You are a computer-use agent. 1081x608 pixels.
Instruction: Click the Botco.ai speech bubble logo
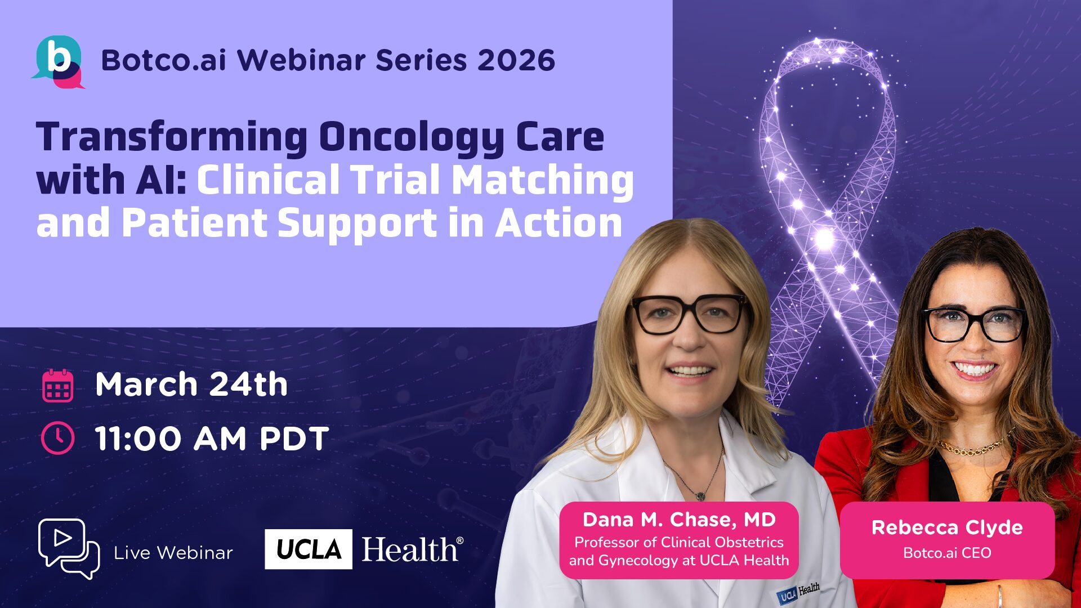58,62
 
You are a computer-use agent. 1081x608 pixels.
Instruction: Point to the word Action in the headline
559,223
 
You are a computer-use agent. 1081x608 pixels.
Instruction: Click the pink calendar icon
57,386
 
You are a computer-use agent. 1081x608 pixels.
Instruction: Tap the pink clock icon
57,438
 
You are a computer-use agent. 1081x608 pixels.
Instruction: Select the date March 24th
191,385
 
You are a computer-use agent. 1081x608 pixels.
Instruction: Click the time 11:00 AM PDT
212,439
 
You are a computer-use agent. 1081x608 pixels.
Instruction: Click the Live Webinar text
173,553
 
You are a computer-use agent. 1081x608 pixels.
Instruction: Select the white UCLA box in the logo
309,549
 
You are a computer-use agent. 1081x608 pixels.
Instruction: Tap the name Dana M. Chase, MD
679,520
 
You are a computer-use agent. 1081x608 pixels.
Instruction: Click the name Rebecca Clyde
947,527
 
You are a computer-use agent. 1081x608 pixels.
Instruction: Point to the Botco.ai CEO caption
947,553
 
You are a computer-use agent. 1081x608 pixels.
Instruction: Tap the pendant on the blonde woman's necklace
700,495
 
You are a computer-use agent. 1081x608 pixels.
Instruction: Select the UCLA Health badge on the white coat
798,592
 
